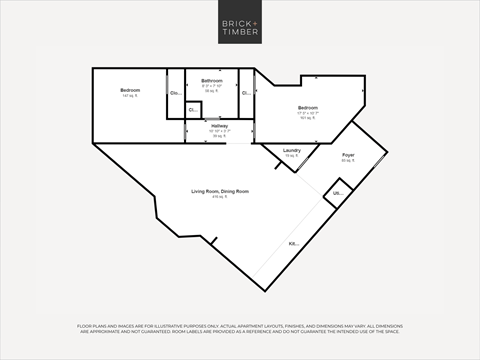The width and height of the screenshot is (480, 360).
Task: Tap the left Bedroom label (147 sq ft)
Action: point(130,91)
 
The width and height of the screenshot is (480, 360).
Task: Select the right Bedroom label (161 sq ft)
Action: point(307,107)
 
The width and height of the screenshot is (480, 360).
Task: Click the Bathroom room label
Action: point(211,80)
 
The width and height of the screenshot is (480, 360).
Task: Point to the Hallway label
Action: point(219,126)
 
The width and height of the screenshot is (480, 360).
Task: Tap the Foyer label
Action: point(348,155)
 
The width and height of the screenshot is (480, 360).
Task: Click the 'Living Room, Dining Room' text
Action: point(220,191)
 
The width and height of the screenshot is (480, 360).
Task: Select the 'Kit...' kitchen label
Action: point(294,244)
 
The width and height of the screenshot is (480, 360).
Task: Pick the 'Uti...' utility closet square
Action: point(337,193)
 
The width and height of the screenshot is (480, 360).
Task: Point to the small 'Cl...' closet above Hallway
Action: point(193,110)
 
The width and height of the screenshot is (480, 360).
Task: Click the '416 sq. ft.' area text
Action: point(220,198)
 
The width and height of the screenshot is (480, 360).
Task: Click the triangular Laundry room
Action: point(286,154)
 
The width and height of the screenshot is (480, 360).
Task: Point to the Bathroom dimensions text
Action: point(211,85)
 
